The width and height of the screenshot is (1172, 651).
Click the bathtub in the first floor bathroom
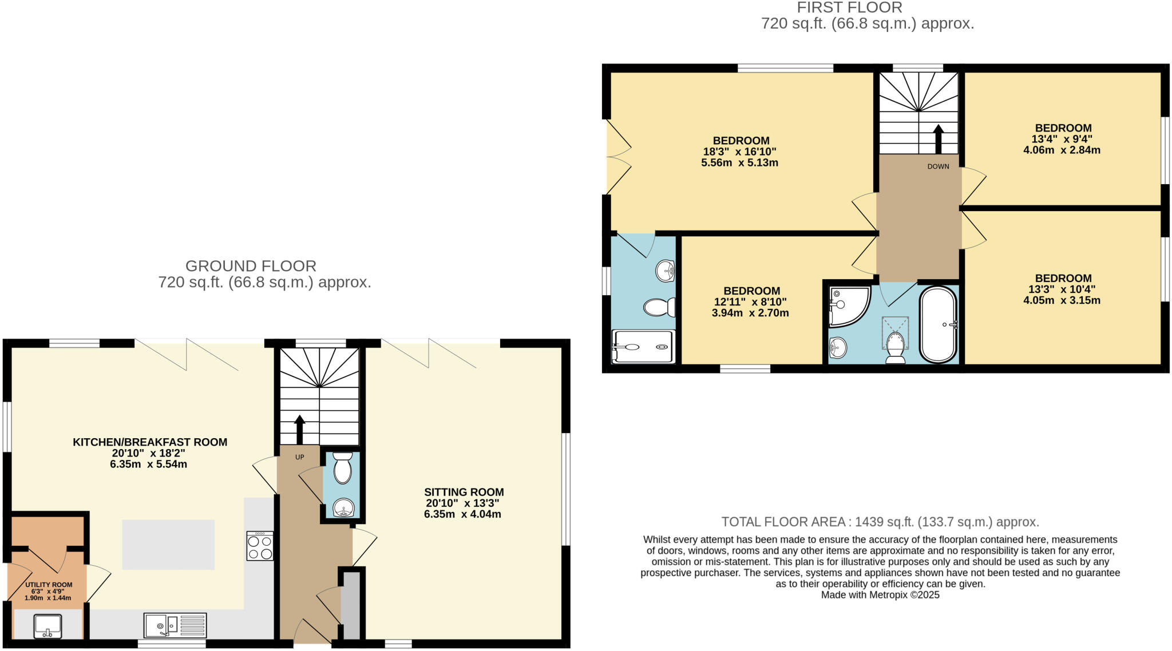coord(938,324)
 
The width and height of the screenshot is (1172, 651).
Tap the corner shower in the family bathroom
coord(849,305)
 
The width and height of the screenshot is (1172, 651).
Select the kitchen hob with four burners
coord(259,546)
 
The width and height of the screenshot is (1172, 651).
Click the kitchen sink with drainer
coord(175,625)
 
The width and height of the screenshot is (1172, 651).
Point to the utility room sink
coord(48,626)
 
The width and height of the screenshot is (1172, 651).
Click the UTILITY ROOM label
coord(49,585)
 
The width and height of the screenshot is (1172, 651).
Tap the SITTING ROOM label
coord(464,492)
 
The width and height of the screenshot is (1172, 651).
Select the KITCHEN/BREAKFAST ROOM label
coord(150,442)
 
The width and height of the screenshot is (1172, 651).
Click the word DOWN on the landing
coord(938,166)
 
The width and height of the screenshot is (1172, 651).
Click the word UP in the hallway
coord(299,457)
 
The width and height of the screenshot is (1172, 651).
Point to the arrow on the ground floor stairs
coord(299,428)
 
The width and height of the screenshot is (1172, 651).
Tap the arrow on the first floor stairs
coord(938,139)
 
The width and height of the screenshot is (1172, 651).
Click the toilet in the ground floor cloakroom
coord(342,469)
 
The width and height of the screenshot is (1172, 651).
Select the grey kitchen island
coord(168,545)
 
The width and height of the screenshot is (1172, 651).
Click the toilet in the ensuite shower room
coord(659,308)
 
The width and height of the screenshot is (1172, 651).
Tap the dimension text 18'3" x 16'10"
coord(739,152)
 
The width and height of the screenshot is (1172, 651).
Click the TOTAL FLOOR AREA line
coord(880,522)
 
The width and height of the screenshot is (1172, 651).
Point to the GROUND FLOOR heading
coord(251,266)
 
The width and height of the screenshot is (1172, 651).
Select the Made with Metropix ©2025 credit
coord(880,595)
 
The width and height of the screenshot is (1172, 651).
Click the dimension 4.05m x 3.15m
coord(1061,300)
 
